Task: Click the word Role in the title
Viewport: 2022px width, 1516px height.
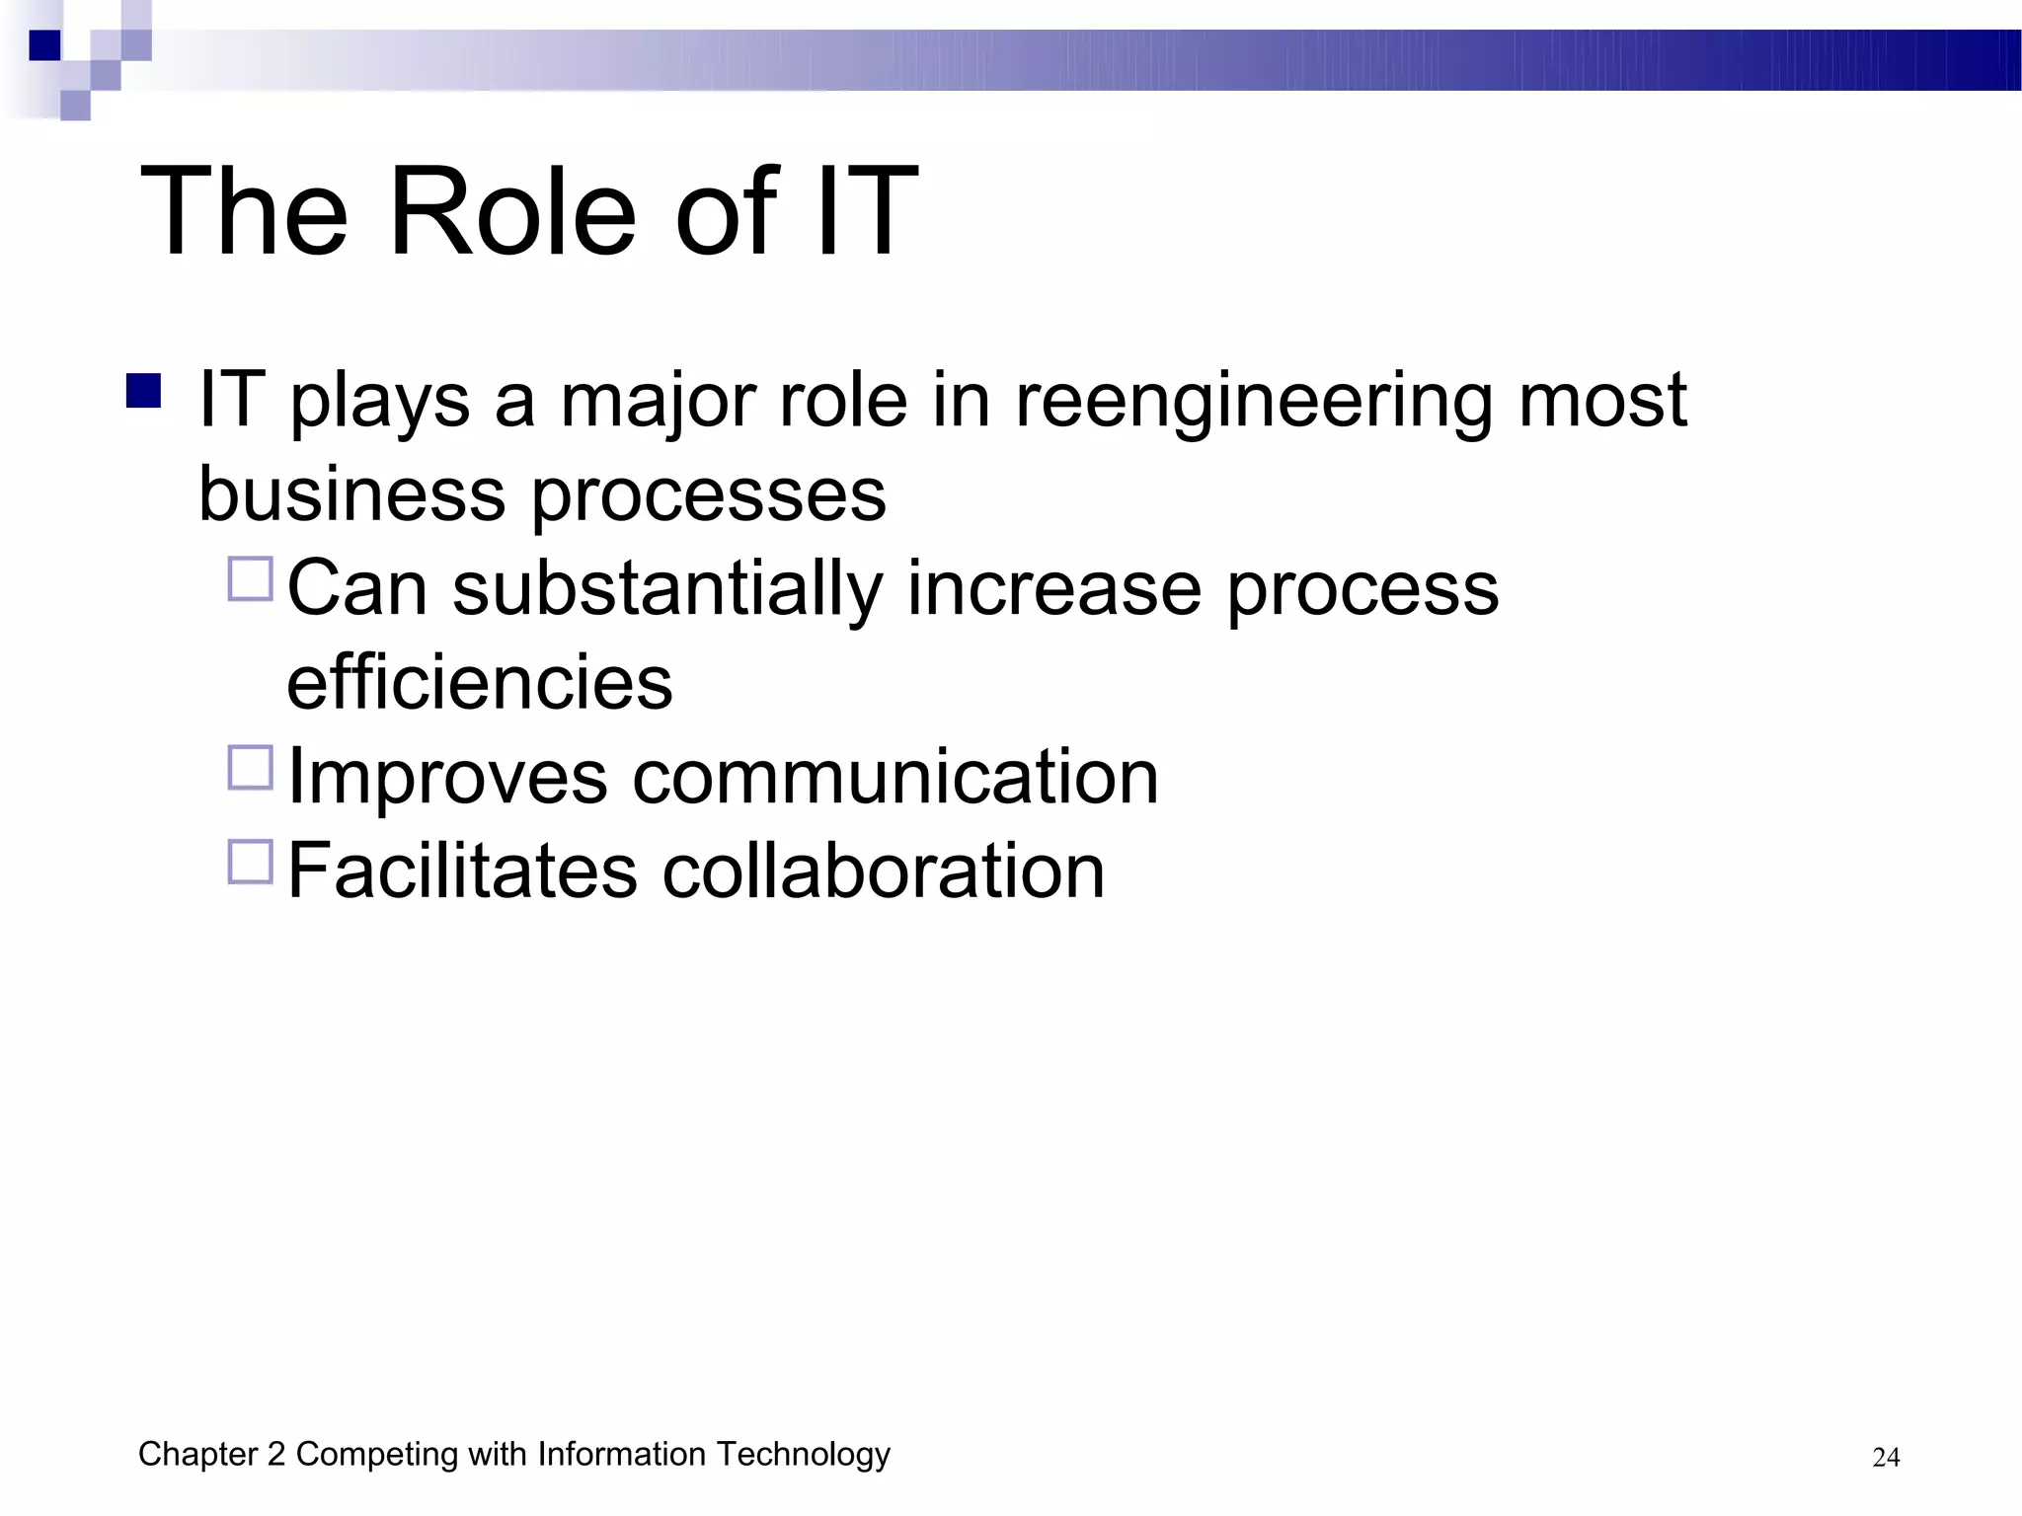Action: (512, 212)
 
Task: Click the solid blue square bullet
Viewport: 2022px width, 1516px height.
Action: (144, 391)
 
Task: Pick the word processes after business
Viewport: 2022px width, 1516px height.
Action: (709, 495)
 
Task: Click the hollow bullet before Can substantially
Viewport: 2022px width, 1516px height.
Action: (251, 579)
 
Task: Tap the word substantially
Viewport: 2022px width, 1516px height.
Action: (667, 589)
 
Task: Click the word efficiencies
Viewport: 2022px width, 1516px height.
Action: (480, 682)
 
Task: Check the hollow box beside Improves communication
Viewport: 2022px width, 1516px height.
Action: (251, 767)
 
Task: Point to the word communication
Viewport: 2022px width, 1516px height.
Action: (895, 777)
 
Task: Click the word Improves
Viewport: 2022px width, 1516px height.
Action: (447, 777)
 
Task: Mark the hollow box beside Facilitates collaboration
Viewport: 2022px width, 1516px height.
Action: (251, 862)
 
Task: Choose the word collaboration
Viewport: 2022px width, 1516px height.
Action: (884, 872)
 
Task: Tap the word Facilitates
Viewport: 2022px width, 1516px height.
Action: (463, 872)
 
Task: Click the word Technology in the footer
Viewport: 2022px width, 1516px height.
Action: (804, 1455)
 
